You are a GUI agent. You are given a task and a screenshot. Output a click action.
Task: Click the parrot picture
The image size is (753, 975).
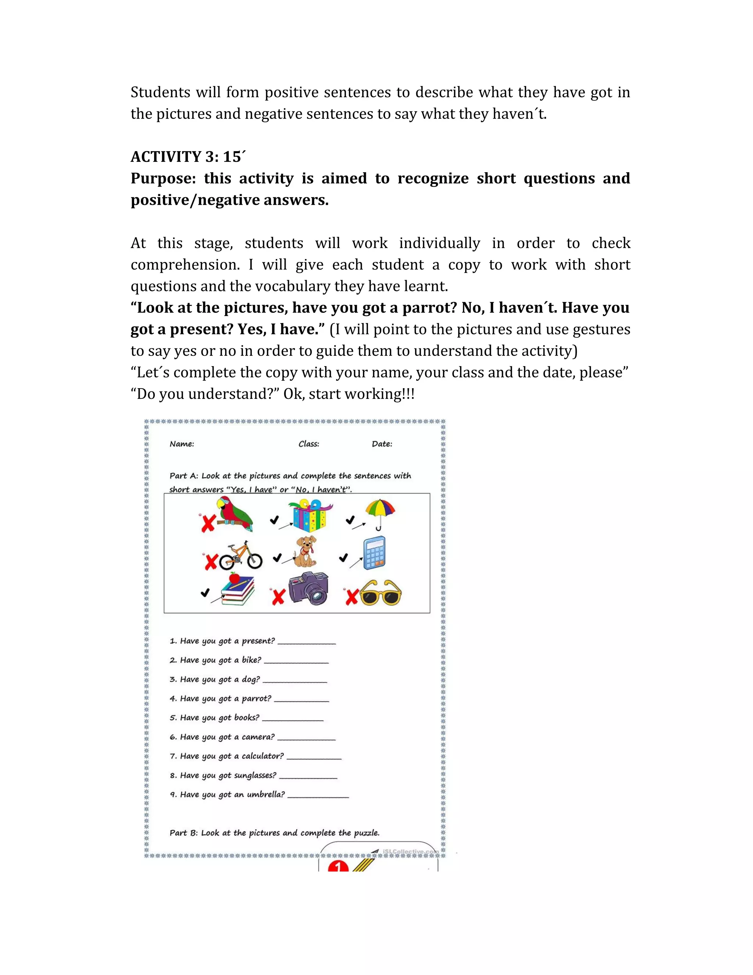point(235,515)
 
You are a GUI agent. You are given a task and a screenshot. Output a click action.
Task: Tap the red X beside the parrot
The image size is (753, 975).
point(207,523)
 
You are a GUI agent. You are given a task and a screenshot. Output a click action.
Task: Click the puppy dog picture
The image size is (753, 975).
point(306,552)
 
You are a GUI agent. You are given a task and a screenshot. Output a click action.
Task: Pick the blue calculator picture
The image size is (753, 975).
point(374,553)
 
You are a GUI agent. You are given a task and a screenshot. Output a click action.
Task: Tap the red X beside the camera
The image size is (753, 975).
point(278,596)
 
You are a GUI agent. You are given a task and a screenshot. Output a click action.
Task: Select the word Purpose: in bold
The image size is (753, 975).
point(163,178)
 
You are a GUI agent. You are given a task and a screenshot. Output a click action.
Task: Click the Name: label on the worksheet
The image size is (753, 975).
point(182,444)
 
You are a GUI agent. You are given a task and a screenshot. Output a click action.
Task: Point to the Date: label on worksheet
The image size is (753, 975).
point(382,444)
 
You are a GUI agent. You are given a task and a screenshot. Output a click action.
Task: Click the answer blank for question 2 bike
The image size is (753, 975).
point(296,661)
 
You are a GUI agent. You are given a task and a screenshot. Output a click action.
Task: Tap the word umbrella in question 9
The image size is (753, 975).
point(265,795)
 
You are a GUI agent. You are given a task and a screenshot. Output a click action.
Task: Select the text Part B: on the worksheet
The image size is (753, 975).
point(183,833)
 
